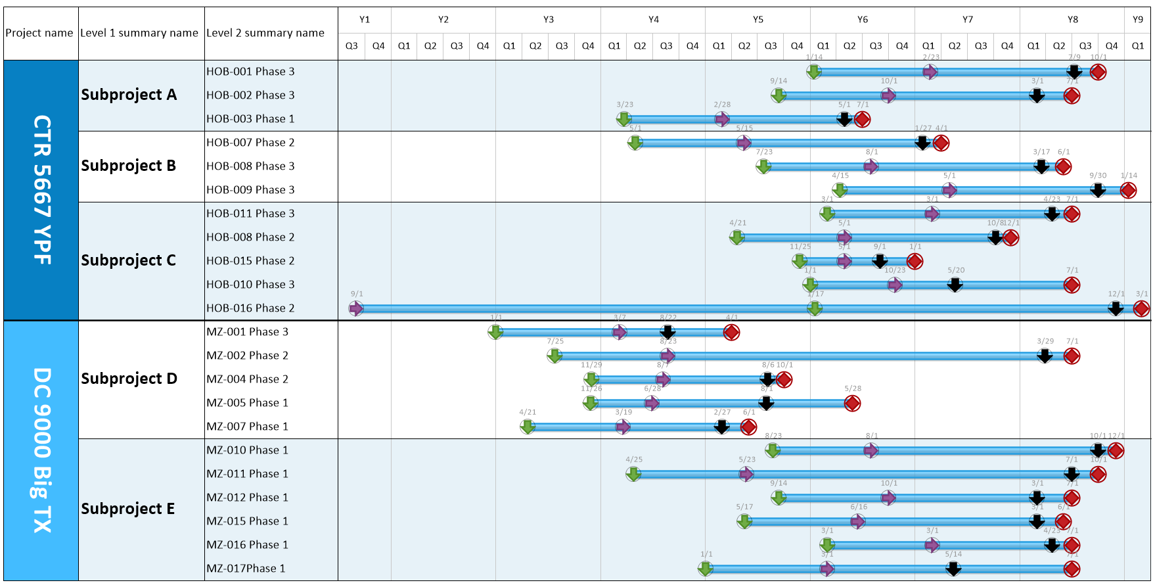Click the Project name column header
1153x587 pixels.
click(39, 33)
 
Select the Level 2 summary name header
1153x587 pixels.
click(265, 33)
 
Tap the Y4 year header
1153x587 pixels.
click(653, 20)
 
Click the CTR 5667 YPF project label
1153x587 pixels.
click(41, 190)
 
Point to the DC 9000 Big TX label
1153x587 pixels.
click(41, 450)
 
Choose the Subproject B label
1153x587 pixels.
click(129, 166)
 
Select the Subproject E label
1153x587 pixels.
click(128, 509)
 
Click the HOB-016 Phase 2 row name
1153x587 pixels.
click(250, 308)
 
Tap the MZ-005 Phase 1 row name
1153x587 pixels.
click(247, 403)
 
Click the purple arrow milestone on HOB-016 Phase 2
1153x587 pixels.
click(356, 308)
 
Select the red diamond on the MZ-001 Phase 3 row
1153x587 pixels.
click(732, 332)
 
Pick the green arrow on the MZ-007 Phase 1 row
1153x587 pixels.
click(528, 427)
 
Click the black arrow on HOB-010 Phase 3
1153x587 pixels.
click(955, 285)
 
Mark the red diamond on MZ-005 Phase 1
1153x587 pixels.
click(852, 403)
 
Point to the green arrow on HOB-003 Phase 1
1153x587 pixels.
click(624, 119)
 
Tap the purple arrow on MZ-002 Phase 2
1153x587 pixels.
click(667, 356)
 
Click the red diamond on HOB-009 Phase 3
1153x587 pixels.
click(1129, 190)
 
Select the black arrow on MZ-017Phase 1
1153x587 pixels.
click(953, 569)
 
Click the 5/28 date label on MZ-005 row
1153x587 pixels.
click(853, 388)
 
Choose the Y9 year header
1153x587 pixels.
click(1138, 20)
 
